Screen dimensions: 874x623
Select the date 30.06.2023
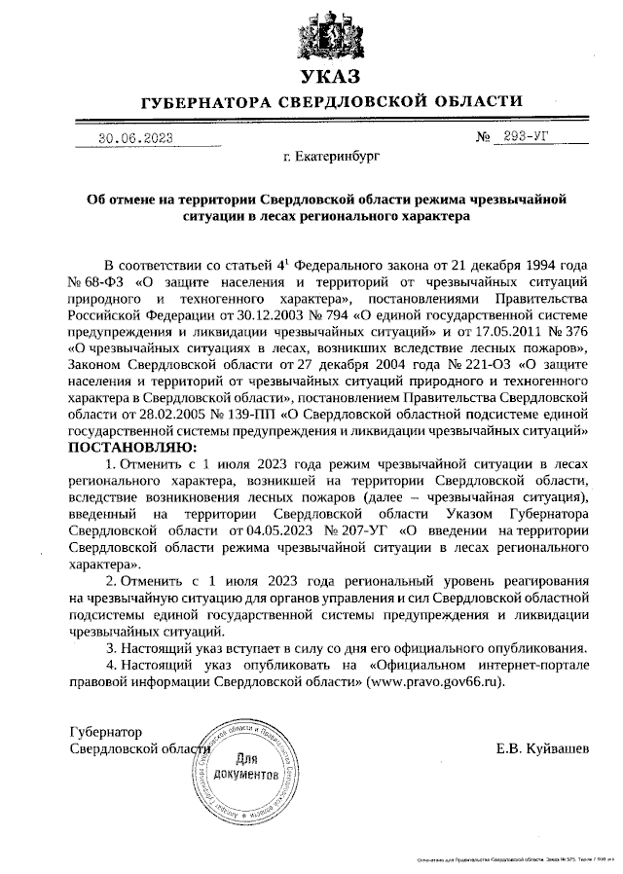(135, 137)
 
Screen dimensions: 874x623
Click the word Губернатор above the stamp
(106, 732)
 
